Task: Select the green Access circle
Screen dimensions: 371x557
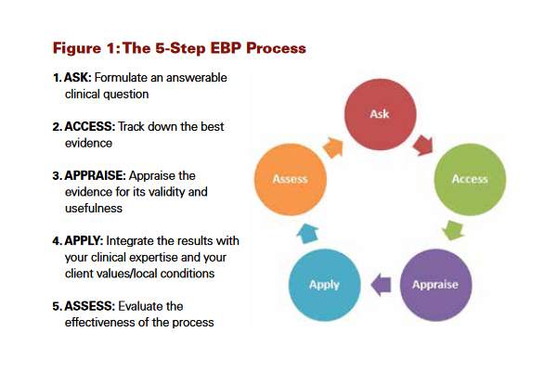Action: (x=470, y=179)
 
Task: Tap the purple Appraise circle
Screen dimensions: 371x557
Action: (x=435, y=283)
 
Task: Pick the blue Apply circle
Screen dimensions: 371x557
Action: (x=325, y=284)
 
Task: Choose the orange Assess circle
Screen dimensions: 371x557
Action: (x=290, y=179)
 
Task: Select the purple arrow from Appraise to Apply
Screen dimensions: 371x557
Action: (x=380, y=283)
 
